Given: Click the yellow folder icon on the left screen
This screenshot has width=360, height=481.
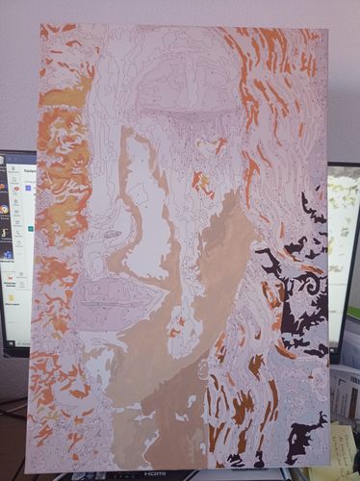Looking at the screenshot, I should [13, 298].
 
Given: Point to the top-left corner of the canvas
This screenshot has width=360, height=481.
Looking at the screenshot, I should [41, 26].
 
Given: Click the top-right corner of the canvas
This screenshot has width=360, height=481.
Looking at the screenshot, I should [325, 30].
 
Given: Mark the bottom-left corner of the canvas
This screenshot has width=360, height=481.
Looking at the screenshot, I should [27, 471].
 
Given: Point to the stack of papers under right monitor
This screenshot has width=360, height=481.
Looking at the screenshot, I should [344, 394].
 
